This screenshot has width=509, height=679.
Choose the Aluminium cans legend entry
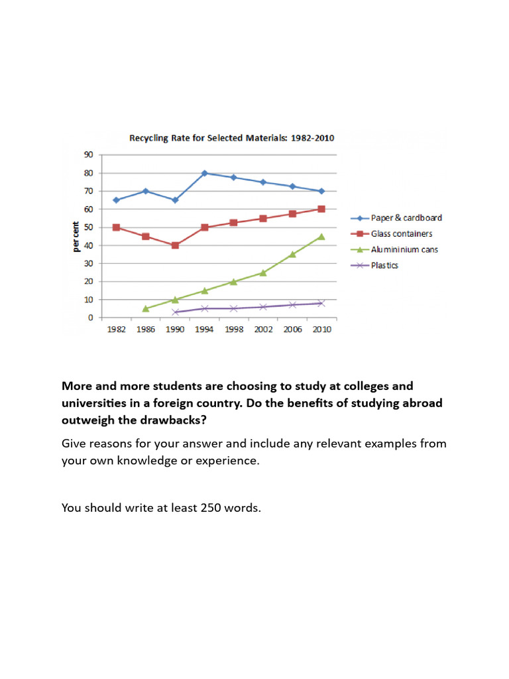tap(404, 249)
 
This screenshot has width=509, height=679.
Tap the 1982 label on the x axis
tap(117, 330)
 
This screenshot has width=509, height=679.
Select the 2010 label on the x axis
tap(321, 330)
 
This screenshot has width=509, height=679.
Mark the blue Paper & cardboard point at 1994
tap(204, 173)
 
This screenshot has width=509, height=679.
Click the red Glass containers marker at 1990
tap(175, 245)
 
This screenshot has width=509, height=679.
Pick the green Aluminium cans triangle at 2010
tap(321, 236)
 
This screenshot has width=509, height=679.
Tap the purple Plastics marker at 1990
tap(175, 312)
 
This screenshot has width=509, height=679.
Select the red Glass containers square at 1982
tap(117, 227)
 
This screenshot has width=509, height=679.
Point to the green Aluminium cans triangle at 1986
tap(146, 308)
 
